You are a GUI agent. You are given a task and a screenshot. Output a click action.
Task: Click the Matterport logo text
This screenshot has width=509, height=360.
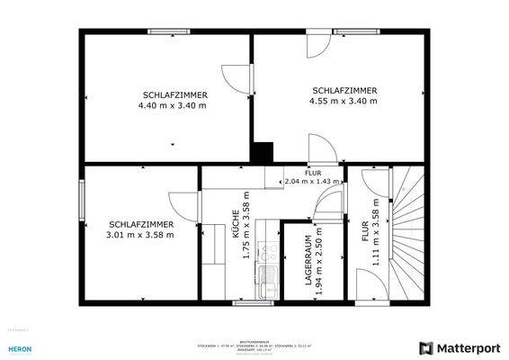[x=467, y=347]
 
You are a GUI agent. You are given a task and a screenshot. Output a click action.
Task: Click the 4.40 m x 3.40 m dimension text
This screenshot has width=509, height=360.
[x=172, y=105]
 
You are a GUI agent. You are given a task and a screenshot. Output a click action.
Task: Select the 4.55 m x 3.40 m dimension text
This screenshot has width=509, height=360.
[x=344, y=101]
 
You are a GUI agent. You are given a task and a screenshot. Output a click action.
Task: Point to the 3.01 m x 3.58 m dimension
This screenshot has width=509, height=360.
[x=139, y=235]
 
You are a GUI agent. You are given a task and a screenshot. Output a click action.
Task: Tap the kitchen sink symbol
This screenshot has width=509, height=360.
[x=266, y=282]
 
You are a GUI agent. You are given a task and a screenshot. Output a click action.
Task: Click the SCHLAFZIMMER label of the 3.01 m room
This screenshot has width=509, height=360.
[x=139, y=224]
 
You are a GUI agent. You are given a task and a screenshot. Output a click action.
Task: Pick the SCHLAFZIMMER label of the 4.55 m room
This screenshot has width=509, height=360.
[x=344, y=90]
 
